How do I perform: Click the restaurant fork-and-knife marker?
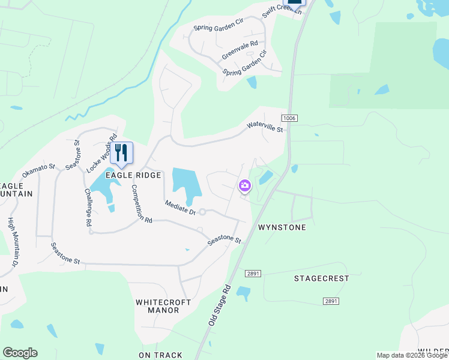pos(121,153)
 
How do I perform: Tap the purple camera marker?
pos(244,185)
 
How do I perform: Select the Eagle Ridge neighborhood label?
pos(133,175)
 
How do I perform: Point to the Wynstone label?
pos(282,227)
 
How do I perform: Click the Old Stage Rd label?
pos(220,305)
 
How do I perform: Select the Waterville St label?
pos(264,127)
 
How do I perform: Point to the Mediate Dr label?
pos(181,208)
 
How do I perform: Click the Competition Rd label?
pos(142,205)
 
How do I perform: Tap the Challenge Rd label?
pos(88,207)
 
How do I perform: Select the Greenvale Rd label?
pos(240,50)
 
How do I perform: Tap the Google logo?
pos(20,353)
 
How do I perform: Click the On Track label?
pos(160,355)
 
